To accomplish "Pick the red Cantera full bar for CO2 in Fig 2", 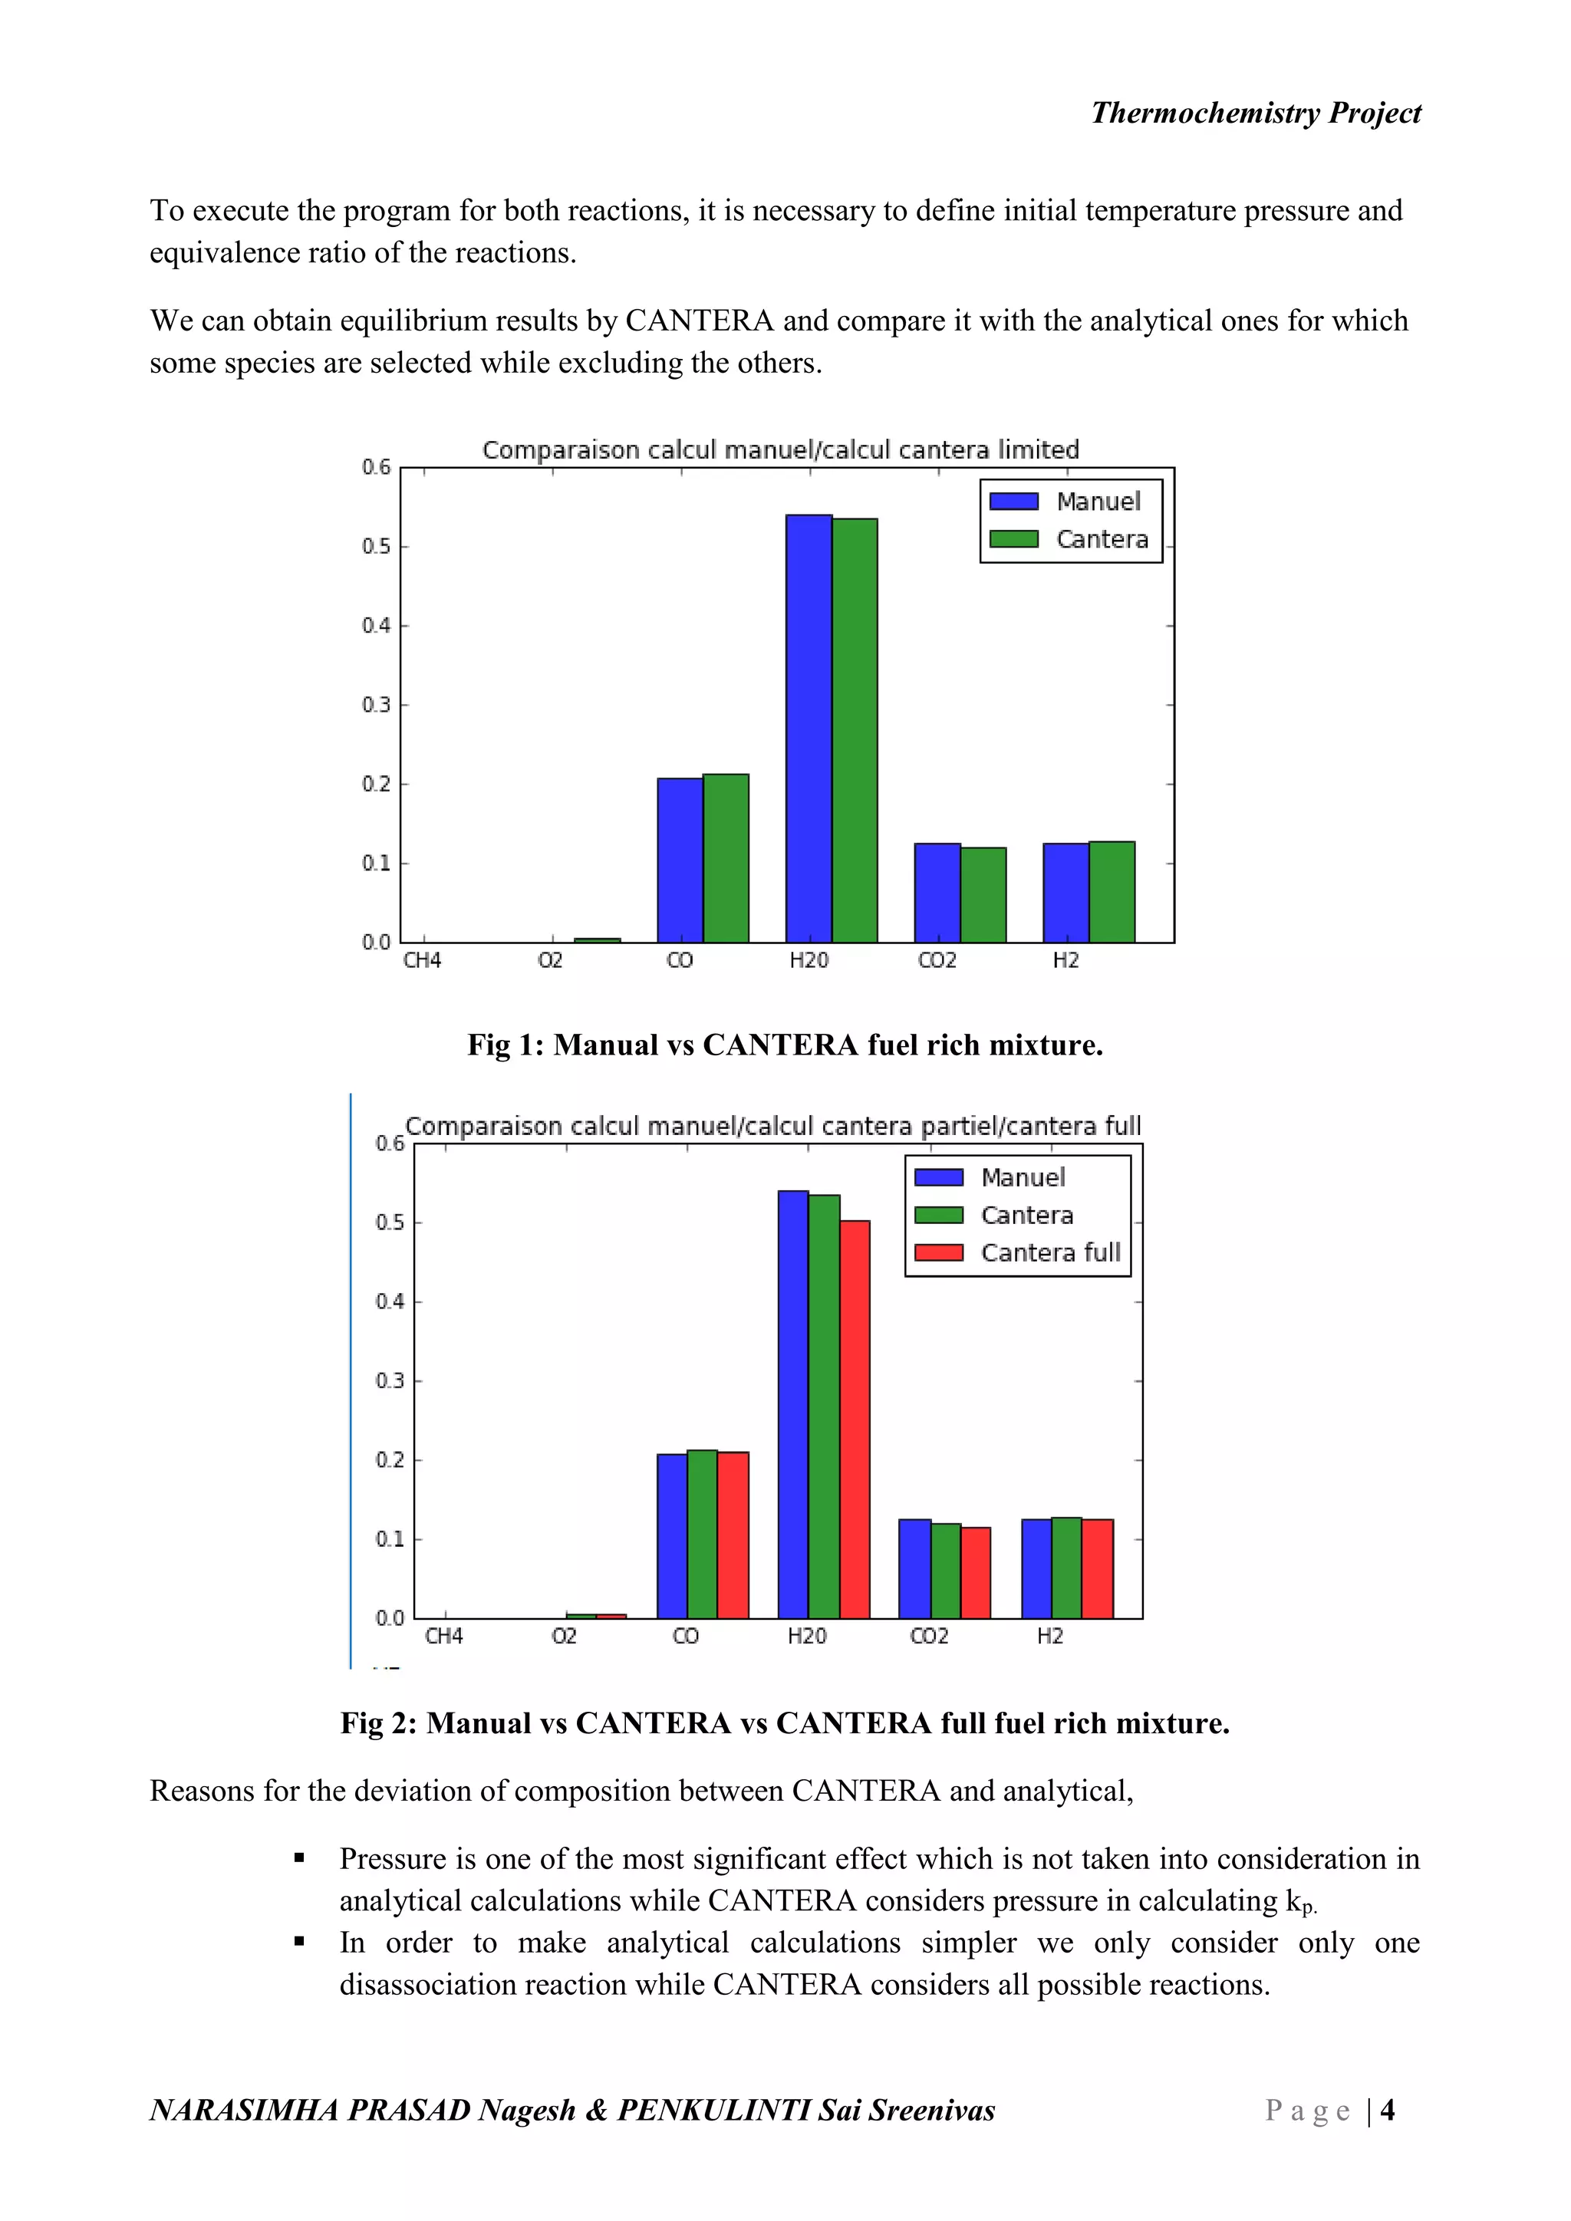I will coord(975,1572).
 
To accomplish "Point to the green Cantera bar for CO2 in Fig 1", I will coord(983,895).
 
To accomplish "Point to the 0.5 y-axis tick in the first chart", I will coord(377,547).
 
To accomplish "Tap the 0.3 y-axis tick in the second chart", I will coord(390,1380).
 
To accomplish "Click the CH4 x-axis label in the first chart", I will coord(423,960).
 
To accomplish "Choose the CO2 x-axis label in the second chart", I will coord(929,1636).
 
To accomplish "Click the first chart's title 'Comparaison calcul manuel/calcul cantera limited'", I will coord(779,450).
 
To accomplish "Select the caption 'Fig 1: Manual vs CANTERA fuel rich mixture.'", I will coord(785,1045).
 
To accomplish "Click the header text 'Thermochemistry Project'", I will coord(1256,114).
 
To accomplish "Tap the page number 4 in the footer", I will coord(1387,2110).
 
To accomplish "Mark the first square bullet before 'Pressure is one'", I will coord(299,1858).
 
